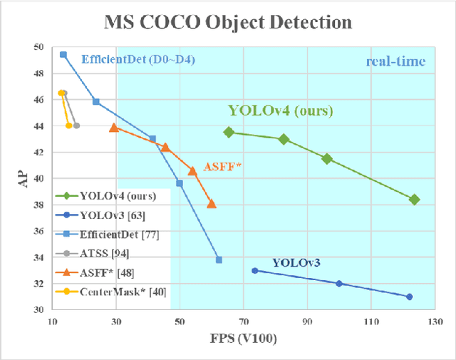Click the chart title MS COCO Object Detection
tap(228, 21)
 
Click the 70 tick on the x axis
tap(244, 321)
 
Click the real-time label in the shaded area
tap(395, 62)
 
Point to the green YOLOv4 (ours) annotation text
tap(281, 110)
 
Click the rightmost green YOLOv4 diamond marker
tap(415, 200)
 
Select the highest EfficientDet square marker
tap(63, 54)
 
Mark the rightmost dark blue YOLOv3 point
tap(409, 297)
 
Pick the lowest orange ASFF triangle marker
tap(212, 204)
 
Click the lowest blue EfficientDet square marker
tap(219, 259)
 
